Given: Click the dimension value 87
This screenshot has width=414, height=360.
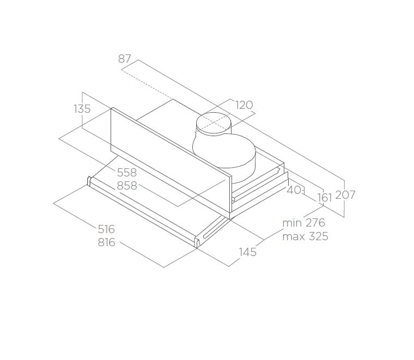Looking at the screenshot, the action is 125,59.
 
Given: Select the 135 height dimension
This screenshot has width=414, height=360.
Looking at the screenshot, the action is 82,109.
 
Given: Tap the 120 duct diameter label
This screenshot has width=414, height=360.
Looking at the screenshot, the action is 244,105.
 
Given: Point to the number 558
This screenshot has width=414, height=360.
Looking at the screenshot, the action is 127,173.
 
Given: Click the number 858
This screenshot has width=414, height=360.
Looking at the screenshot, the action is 127,186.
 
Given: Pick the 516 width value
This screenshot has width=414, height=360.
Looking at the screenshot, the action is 106,229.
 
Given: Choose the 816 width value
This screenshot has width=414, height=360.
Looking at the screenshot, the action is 106,242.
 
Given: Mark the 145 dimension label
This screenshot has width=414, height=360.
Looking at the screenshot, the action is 248,252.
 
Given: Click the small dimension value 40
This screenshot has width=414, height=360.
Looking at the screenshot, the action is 294,190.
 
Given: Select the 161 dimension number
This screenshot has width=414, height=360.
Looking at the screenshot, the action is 325,198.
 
